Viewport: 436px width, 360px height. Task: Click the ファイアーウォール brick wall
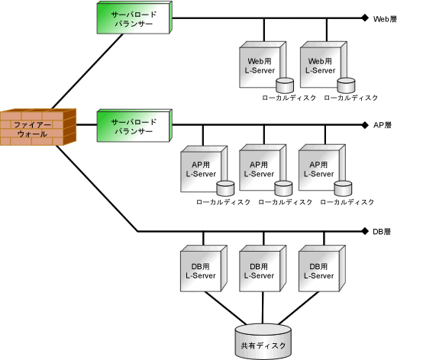coord(38,127)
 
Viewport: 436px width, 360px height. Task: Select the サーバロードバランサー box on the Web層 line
coord(134,18)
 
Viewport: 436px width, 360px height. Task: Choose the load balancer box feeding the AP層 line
coord(134,126)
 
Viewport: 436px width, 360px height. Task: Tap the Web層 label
coord(385,19)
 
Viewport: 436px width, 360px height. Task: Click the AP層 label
coord(383,125)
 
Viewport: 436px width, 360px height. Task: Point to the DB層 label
coord(382,231)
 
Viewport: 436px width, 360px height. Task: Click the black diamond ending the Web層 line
coord(365,18)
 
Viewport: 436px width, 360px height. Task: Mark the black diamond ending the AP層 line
coord(365,125)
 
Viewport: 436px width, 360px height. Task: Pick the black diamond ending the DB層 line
coord(365,231)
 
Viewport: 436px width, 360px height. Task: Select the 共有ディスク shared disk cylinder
coord(263,342)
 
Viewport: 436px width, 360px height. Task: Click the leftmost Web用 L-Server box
coord(263,65)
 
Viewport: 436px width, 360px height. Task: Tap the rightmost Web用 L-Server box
coord(324,65)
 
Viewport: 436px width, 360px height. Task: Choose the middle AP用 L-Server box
coord(263,168)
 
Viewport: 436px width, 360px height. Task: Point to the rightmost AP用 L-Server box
coord(322,168)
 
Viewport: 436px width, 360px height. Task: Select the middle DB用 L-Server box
coord(263,268)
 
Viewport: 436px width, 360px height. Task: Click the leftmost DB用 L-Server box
coord(204,268)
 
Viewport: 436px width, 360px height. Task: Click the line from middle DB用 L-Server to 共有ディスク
coord(263,308)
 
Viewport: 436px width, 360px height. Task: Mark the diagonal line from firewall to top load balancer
coord(87,72)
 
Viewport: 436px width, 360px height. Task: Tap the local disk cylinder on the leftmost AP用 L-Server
coord(225,188)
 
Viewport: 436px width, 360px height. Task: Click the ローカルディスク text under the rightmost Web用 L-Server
coord(351,98)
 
